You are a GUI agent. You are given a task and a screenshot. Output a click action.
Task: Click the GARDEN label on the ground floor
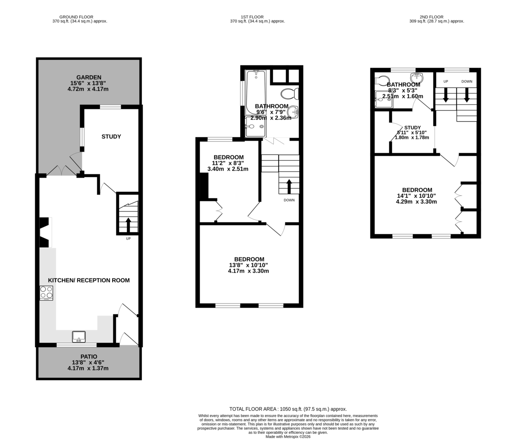point(89,77)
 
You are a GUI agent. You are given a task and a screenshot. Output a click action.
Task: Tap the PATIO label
point(89,356)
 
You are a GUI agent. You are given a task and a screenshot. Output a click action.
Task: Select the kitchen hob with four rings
point(46,293)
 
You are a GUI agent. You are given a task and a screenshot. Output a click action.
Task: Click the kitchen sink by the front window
point(79,337)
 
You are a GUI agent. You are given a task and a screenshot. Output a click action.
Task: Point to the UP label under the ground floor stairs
point(128,239)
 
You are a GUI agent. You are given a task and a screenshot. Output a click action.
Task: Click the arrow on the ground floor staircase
point(128,225)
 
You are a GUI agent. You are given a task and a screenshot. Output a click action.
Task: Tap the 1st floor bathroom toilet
point(290,94)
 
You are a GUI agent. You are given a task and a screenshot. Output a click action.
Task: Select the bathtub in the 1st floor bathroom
point(255,92)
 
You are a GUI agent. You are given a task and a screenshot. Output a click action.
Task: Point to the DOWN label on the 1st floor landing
point(289,200)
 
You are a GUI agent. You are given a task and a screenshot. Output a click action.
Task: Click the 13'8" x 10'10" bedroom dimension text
point(249,265)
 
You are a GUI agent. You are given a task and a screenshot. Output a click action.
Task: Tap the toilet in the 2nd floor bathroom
point(382,81)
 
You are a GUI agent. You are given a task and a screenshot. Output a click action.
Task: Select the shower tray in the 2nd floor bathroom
point(384,99)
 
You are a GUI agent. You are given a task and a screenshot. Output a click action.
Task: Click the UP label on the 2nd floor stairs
point(445,81)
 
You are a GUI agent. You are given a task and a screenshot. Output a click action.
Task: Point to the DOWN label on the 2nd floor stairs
point(467,81)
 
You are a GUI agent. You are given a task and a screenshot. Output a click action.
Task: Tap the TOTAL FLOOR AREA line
point(288,409)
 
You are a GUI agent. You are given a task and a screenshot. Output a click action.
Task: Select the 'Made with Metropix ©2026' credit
point(288,437)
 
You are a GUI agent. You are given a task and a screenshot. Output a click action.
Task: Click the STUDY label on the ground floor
point(111,137)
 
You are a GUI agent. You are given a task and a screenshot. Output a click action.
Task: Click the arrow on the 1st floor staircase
point(289,187)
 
